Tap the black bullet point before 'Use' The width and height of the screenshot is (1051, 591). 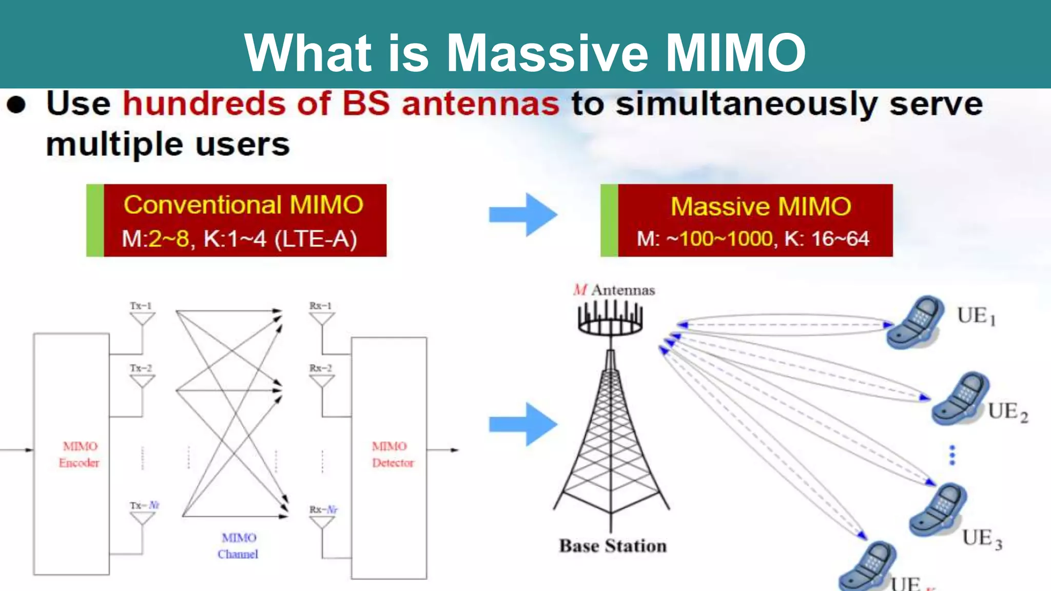coord(16,104)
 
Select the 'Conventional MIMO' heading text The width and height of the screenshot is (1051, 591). coord(243,205)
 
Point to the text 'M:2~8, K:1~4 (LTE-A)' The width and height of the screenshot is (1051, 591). coord(239,239)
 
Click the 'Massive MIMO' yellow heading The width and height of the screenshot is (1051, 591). coord(761,206)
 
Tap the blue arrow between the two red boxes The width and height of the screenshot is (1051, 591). coord(523,214)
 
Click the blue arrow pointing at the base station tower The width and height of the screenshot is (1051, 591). coord(523,424)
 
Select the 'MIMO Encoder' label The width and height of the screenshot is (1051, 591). coord(79,455)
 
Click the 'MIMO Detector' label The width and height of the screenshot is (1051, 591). coord(392,455)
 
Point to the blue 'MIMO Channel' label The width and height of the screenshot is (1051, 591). coord(238,546)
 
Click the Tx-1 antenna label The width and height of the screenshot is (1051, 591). coord(141,306)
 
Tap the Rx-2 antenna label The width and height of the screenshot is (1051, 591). coord(321,368)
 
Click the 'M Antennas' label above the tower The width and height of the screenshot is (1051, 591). coord(614,290)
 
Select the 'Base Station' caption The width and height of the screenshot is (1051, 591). coord(613,546)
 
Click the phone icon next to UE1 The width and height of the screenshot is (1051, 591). coord(917,322)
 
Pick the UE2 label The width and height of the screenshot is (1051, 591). coord(1008,412)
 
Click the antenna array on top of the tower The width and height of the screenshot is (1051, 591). coord(610,318)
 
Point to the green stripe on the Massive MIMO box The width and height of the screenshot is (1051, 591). coord(609,221)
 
